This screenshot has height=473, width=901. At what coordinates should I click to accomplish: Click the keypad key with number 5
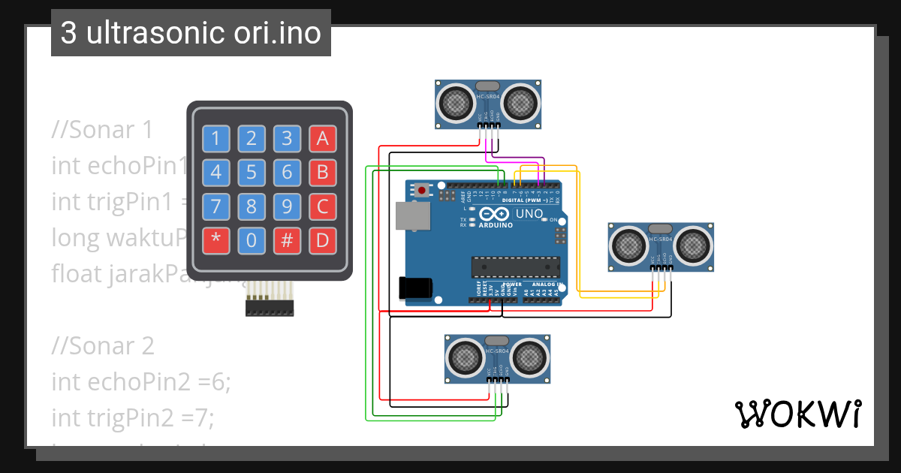point(252,173)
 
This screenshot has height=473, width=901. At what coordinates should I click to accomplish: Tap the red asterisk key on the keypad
point(216,241)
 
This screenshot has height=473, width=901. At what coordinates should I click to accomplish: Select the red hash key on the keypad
point(287,241)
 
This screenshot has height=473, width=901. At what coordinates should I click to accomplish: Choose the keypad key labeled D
point(322,241)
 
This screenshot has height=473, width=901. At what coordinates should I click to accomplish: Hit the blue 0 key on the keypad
point(252,241)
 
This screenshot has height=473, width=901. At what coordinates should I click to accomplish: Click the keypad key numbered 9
point(287,206)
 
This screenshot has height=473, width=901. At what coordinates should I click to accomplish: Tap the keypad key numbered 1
point(216,138)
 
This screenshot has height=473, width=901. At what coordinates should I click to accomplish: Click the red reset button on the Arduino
point(423,191)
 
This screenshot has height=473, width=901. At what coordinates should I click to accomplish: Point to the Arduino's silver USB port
point(413,215)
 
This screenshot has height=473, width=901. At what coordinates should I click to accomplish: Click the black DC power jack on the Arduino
point(417,288)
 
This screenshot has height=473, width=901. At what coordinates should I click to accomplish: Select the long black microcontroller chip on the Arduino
point(515,266)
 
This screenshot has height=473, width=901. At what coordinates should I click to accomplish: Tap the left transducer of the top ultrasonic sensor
point(454,102)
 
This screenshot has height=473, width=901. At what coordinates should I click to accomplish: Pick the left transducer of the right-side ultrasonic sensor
point(628,245)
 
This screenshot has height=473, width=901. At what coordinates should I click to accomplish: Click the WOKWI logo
point(797,414)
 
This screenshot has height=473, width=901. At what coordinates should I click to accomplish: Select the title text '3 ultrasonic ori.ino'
point(191,33)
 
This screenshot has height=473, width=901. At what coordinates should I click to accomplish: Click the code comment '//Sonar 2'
point(103,346)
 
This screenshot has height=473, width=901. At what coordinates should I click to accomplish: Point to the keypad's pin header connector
point(270,307)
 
